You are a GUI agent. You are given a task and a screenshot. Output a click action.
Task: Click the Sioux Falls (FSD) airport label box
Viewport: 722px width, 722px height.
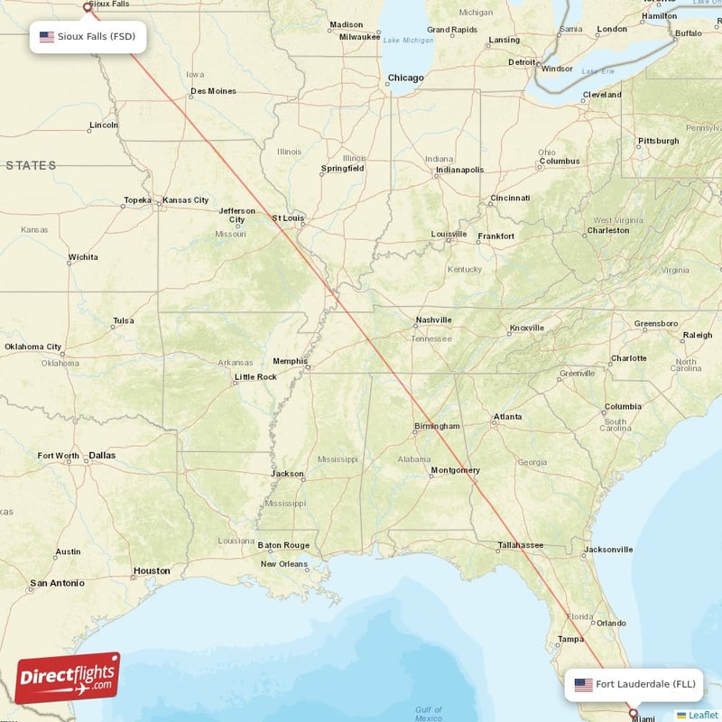click(88, 37)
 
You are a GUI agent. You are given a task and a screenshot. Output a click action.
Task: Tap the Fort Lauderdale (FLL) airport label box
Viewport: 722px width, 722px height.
click(634, 684)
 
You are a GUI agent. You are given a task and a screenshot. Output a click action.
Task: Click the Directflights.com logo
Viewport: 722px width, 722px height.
click(68, 678)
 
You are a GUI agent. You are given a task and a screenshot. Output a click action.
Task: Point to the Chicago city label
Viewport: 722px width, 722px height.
click(405, 78)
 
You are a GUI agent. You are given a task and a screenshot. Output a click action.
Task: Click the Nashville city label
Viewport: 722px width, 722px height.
click(432, 320)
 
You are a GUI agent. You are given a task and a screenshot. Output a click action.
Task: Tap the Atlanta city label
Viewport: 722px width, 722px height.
click(506, 418)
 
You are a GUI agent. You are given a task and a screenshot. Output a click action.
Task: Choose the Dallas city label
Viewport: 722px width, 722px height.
click(102, 456)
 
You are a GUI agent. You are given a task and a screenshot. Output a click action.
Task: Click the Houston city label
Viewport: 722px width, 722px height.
click(151, 570)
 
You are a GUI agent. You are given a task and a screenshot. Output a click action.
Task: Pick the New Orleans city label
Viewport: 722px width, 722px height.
click(283, 564)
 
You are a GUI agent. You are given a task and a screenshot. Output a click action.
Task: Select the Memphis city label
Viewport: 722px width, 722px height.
click(290, 361)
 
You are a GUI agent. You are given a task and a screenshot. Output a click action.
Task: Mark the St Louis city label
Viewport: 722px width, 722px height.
click(288, 218)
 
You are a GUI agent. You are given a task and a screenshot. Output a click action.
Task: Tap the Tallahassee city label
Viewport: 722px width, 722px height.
click(520, 545)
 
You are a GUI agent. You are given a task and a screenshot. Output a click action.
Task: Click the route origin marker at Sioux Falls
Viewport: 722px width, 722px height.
click(87, 6)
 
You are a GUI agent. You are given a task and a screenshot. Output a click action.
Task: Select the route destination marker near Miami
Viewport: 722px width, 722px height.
click(633, 713)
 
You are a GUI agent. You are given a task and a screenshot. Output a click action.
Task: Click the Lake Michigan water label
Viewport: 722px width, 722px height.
click(407, 41)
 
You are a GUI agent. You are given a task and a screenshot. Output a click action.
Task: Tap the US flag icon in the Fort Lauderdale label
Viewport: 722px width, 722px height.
click(584, 684)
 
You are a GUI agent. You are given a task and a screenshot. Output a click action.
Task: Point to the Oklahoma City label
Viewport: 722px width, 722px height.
click(33, 347)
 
